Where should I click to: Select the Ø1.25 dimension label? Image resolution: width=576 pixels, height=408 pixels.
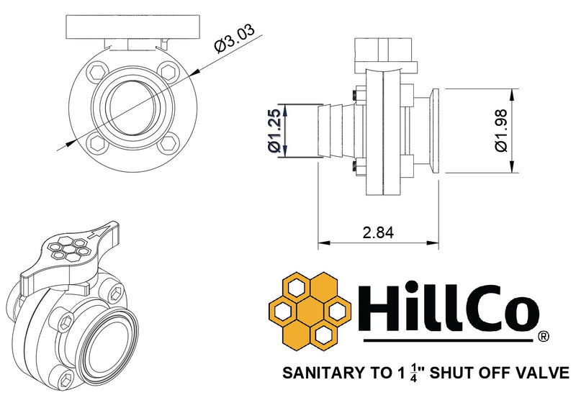tap(274, 131)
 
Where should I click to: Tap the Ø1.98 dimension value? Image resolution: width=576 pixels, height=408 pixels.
tap(501, 131)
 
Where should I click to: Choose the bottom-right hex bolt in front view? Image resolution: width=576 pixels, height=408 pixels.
tap(169, 142)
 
